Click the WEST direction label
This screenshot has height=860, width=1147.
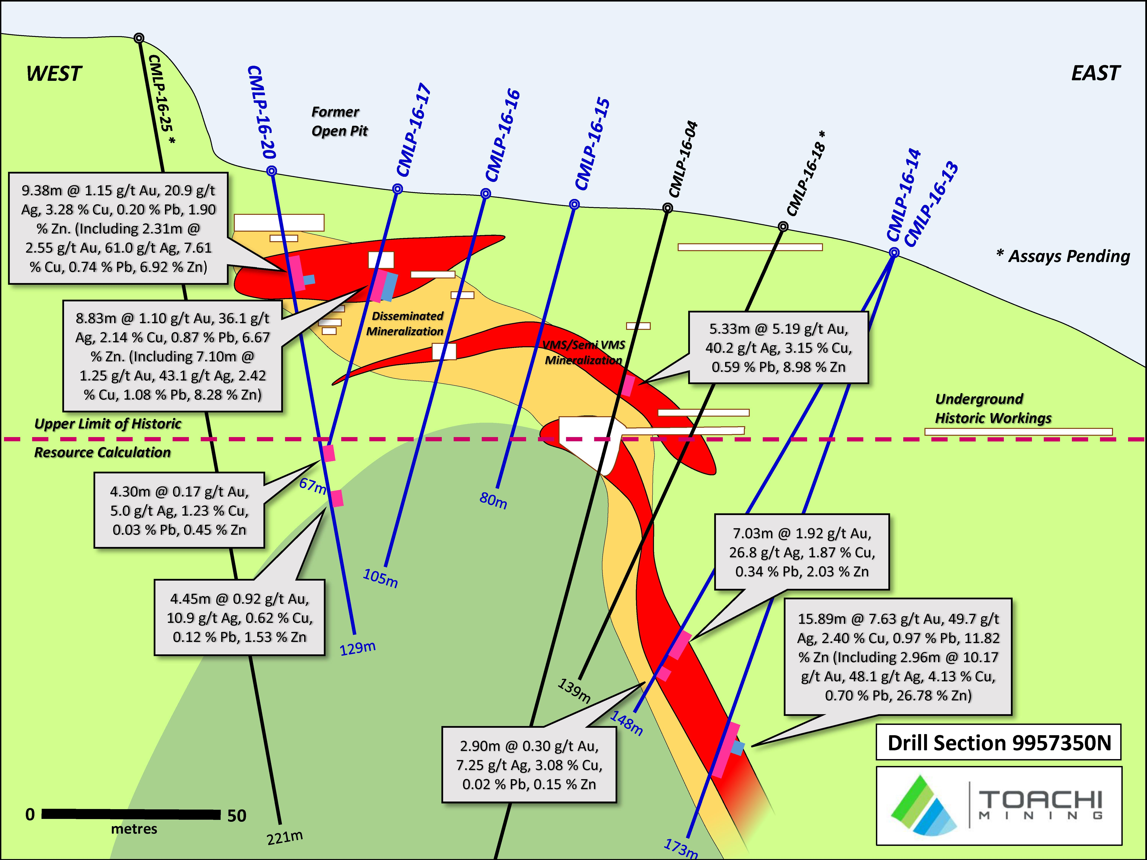coord(54,74)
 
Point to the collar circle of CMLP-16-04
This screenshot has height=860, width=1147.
coord(668,208)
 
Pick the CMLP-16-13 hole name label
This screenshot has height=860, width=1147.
coord(931,205)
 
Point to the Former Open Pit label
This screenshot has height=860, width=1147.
coord(339,121)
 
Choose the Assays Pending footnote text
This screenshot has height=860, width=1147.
coord(1063,256)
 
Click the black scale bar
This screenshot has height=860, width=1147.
coord(131,814)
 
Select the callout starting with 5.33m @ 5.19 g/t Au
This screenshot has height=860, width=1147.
coord(778,348)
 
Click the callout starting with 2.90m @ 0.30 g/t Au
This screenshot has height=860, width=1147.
coord(529,765)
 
